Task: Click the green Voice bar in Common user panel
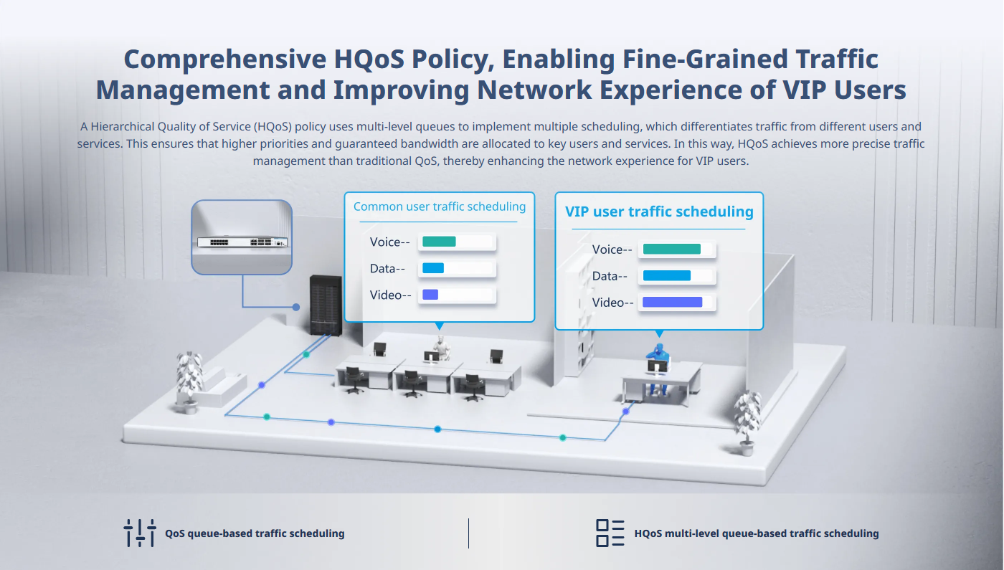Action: pos(439,242)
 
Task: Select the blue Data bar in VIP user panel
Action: pos(666,275)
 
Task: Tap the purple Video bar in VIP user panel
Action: pos(673,303)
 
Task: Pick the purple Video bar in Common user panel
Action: pos(430,295)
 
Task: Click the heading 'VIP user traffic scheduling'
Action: pos(659,212)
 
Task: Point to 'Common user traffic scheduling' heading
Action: pos(439,206)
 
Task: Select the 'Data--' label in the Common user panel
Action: pos(387,268)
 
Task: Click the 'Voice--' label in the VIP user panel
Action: pos(612,250)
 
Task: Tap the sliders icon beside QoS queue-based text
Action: pos(140,533)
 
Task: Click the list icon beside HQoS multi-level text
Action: pos(610,533)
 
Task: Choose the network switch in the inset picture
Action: pos(242,242)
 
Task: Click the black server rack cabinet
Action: pos(326,305)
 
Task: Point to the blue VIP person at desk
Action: pos(658,367)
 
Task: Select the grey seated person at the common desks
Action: pos(442,347)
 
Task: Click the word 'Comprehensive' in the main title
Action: pos(225,60)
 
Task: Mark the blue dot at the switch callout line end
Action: pos(295,307)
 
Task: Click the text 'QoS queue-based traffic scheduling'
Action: pos(255,533)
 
